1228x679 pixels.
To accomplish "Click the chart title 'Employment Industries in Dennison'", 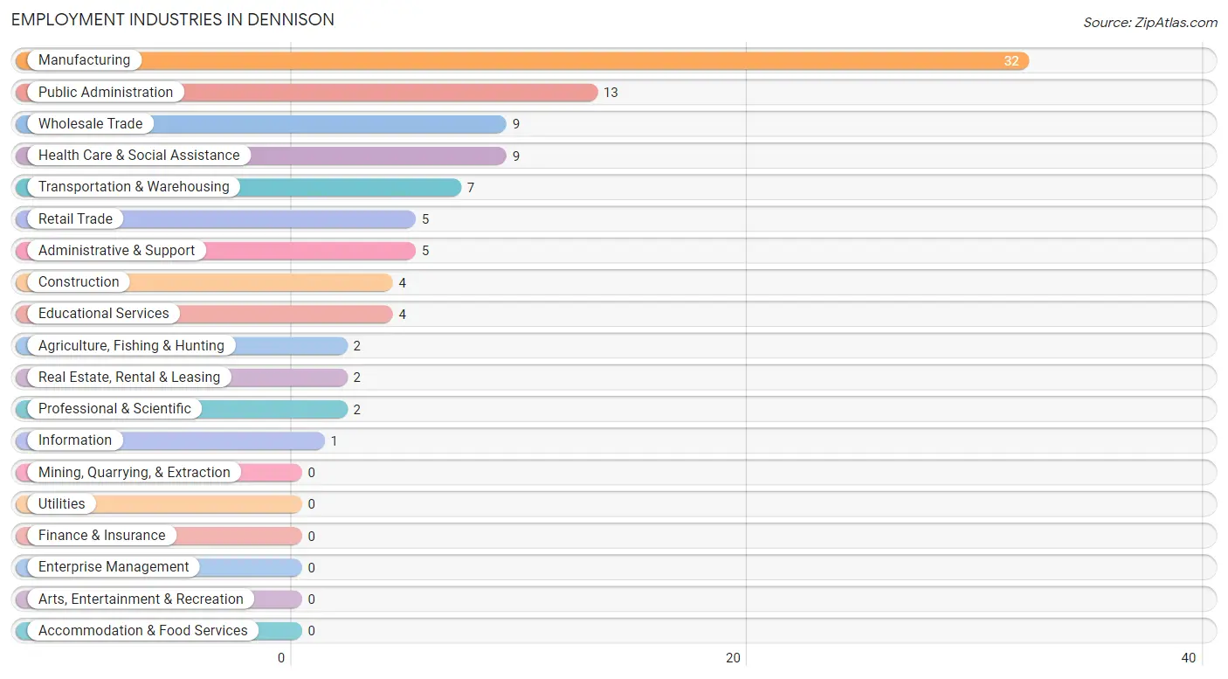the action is [173, 20].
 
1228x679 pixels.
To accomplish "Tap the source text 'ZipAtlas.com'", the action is [1176, 23].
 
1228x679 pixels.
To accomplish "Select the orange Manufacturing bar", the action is [522, 60].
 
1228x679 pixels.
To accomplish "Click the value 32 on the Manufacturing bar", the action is [1011, 61].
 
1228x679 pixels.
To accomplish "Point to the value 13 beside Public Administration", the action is [611, 93].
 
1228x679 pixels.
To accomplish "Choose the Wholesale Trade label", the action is [91, 124].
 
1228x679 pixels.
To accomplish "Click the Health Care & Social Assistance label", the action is [139, 156].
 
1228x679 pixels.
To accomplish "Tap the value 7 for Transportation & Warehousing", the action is [471, 188].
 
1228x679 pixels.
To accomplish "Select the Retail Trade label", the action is [75, 218].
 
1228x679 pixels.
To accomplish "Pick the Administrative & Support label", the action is [116, 251].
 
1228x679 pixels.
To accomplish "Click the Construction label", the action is [79, 282].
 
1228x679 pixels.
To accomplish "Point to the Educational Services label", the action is [104, 313].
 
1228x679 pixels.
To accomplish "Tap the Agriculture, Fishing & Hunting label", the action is [131, 345].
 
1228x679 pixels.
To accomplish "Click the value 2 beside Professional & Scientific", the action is [357, 410].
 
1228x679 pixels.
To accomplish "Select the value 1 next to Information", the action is [334, 441].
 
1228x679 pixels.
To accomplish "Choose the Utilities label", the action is [61, 504].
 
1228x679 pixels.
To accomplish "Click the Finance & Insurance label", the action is [101, 536].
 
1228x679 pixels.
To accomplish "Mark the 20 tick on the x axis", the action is [733, 658].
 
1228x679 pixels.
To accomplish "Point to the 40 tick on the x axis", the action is [1188, 658].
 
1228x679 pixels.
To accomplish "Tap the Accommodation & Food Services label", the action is [142, 631].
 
